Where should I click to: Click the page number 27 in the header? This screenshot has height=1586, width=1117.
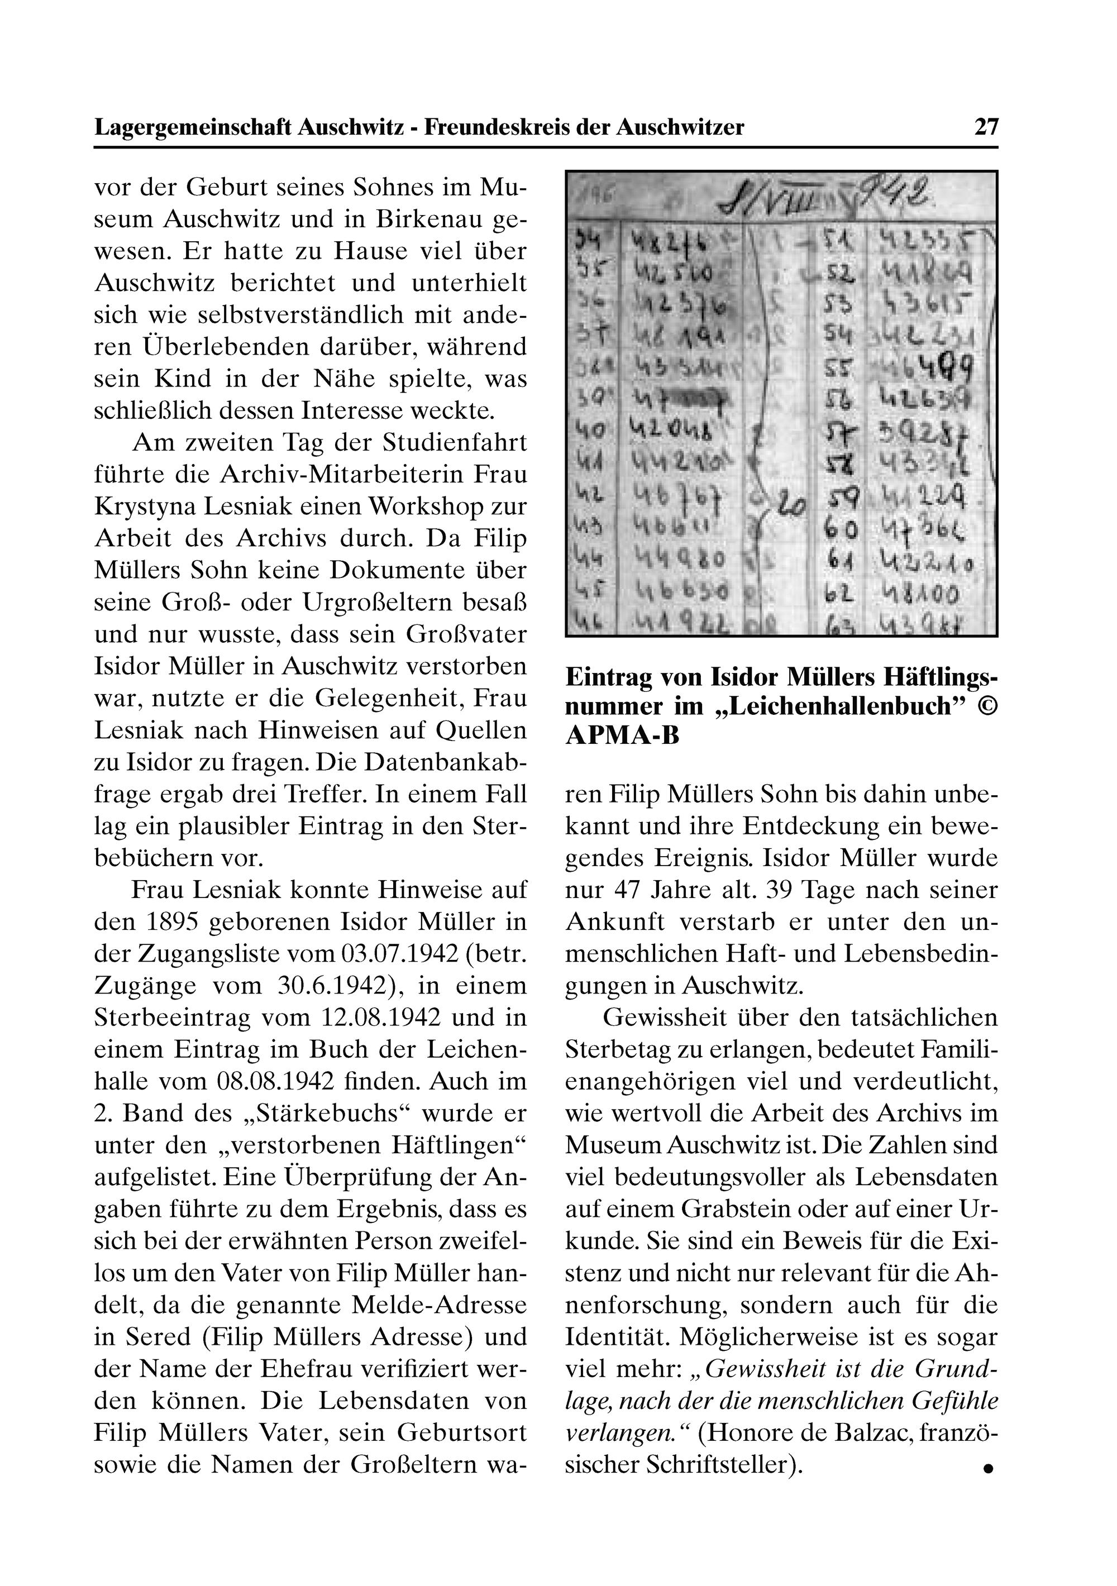pyautogui.click(x=986, y=127)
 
